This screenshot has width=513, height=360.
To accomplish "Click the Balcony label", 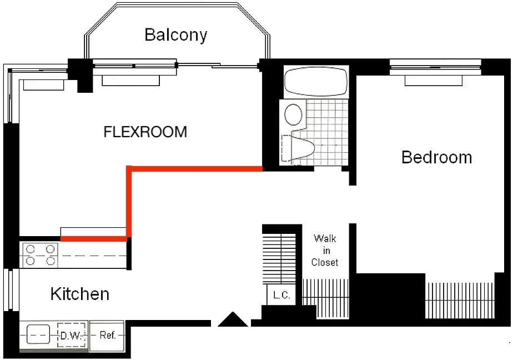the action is tap(176, 35).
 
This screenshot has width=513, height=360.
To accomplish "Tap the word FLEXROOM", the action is tap(145, 132).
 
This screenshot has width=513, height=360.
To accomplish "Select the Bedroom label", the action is tap(436, 157).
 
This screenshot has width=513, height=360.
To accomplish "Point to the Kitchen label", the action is tap(80, 294).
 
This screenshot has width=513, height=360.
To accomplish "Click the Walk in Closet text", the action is tap(325, 251).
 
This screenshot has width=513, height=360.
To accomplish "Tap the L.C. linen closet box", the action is tap(281, 295).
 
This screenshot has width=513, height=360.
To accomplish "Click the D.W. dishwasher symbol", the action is tap(71, 336).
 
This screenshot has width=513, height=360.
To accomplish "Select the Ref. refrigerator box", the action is tap(107, 336).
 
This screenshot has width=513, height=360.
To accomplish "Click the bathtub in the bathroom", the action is tap(316, 81).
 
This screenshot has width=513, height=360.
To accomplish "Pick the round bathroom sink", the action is tap(293, 114).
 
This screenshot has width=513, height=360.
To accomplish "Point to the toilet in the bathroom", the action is tap(298, 148).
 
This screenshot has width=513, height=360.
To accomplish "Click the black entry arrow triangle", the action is tap(233, 319).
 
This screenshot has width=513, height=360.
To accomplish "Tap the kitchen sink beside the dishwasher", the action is tap(38, 334).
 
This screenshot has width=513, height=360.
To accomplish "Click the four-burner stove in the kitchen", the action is tap(40, 255).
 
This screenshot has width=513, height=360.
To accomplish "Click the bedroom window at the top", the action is tap(435, 68).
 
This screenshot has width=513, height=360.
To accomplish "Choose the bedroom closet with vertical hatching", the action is tap(460, 301).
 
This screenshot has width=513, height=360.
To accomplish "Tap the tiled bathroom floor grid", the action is tap(327, 132).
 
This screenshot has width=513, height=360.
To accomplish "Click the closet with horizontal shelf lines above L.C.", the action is tap(279, 258).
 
